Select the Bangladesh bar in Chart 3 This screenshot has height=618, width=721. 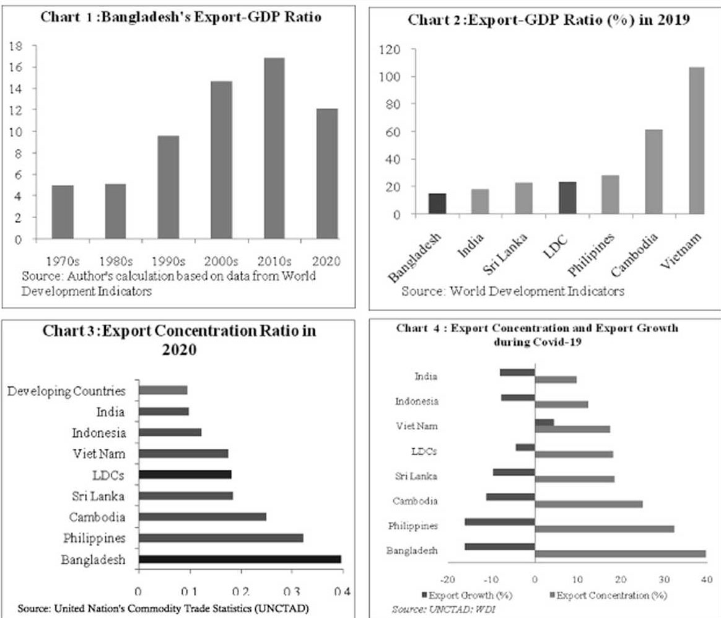click(240, 559)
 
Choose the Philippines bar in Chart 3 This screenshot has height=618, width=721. click(221, 538)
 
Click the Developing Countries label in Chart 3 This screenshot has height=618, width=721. click(67, 391)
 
